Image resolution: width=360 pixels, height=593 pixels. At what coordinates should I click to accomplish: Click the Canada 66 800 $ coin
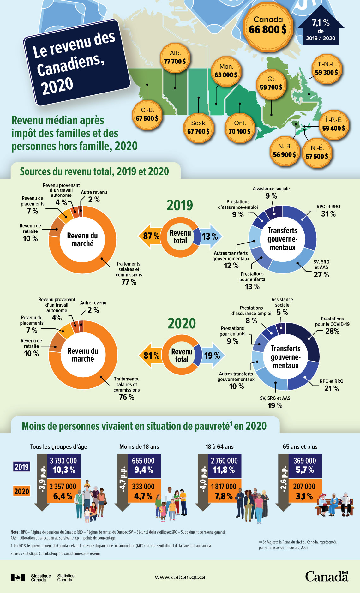(x=268, y=25)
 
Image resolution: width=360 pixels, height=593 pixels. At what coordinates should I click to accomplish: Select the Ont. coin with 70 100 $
(x=240, y=128)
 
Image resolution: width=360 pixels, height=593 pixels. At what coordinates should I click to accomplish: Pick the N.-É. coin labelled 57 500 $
(x=317, y=153)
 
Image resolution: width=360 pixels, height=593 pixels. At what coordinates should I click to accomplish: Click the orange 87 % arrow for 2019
(x=150, y=236)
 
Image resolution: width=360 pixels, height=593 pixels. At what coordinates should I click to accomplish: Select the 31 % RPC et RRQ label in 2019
(x=328, y=214)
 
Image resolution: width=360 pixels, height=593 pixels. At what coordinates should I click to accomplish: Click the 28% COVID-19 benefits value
(x=332, y=331)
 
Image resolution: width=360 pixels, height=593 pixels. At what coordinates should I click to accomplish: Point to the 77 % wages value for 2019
(x=129, y=282)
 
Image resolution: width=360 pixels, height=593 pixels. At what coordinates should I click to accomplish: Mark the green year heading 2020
(x=182, y=323)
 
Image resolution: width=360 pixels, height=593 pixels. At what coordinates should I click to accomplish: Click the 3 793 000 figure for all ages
(x=63, y=461)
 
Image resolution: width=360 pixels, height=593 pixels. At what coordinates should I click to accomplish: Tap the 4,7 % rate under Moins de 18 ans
(x=143, y=496)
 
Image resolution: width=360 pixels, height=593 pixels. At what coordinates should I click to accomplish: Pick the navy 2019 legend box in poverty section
(x=21, y=467)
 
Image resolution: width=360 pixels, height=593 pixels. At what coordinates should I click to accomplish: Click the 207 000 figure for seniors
(x=304, y=487)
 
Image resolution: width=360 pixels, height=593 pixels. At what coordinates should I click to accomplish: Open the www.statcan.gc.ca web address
(x=180, y=577)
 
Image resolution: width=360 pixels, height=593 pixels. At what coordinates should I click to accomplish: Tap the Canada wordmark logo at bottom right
(x=327, y=577)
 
